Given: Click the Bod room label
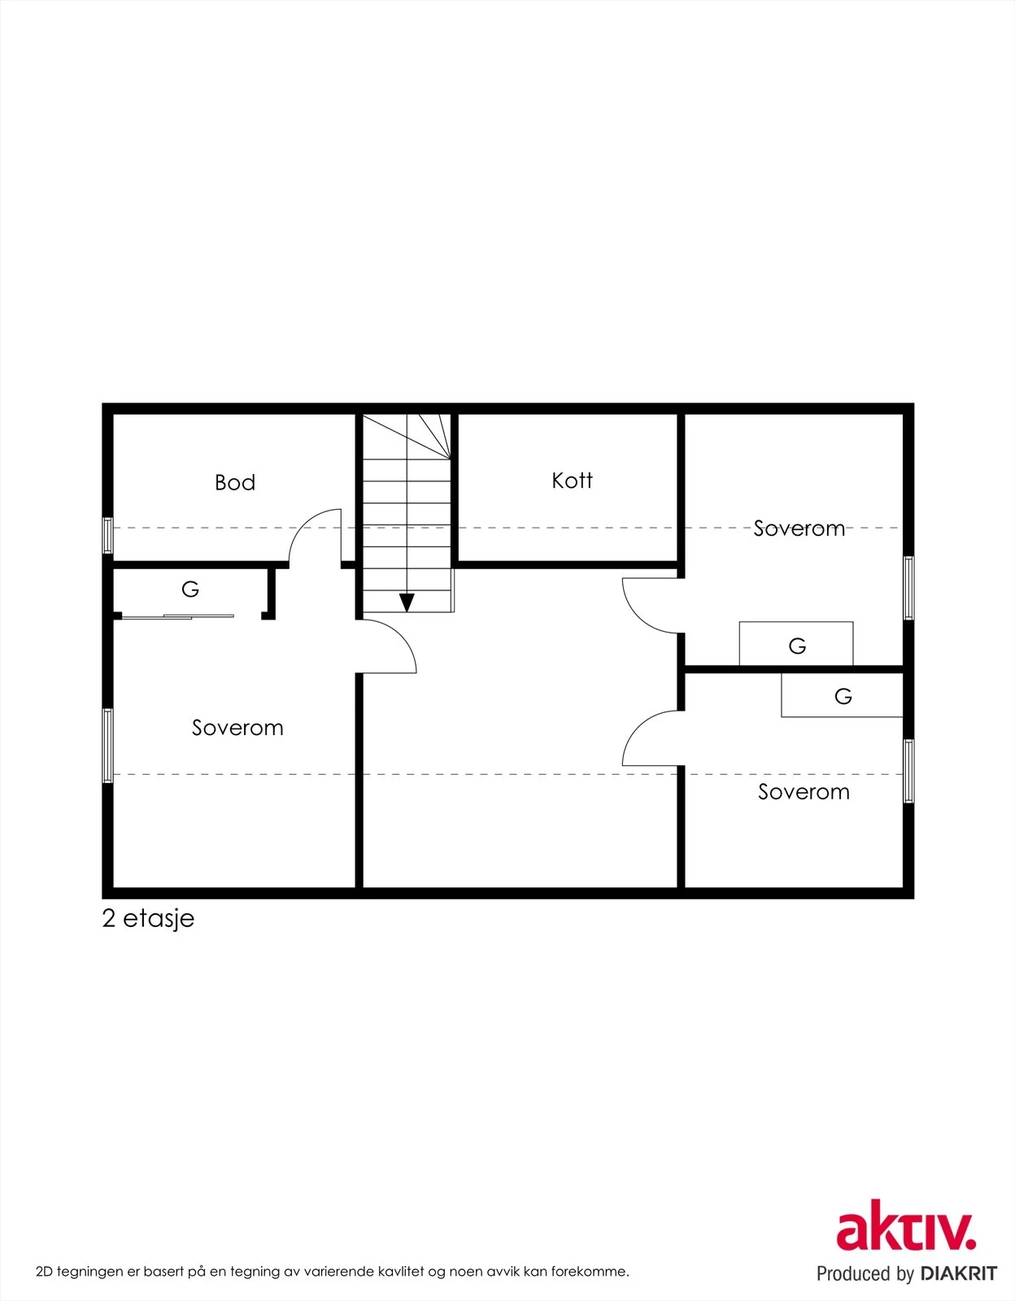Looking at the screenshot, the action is tap(235, 482).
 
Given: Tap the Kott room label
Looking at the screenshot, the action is tap(572, 481).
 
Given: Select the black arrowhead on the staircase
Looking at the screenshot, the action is tap(407, 603).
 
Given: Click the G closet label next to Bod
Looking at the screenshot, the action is tap(190, 590).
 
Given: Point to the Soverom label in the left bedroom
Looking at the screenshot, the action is tap(237, 728).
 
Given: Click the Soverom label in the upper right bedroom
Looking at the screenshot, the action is tap(799, 528).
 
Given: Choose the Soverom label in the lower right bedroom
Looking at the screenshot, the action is tap(804, 791).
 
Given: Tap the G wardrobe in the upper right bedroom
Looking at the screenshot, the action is tap(796, 644).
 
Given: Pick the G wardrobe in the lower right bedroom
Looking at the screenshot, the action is tap(842, 695).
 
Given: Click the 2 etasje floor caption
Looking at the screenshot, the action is tap(148, 918).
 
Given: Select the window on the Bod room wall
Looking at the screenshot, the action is tap(108, 535).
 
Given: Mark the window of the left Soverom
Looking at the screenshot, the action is tap(108, 746).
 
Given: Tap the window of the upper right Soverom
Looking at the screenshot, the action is tap(908, 588).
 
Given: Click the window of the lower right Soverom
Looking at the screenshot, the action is tap(908, 771).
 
